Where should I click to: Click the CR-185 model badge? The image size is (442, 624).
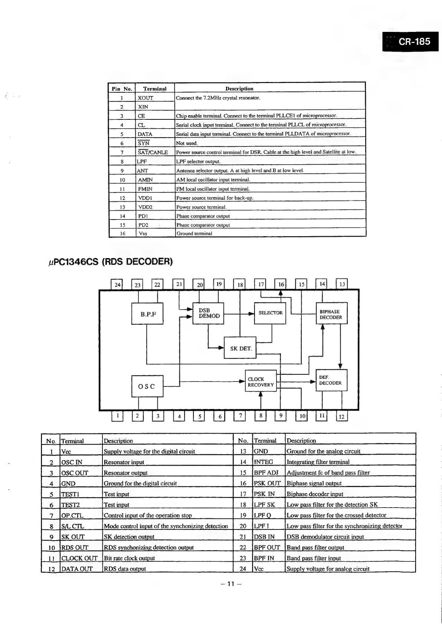pos(410,41)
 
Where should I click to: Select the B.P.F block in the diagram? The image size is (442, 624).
pos(147,314)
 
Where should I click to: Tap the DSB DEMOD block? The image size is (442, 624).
pos(208,313)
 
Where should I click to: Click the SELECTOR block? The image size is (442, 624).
pos(270,313)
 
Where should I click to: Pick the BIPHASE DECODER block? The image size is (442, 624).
pos(331,314)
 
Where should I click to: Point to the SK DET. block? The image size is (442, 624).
pos(240,348)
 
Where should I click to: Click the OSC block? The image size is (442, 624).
pos(147,386)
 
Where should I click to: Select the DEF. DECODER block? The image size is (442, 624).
pos(331,380)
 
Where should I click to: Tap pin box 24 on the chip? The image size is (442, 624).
pos(117,285)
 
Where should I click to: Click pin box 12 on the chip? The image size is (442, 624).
pos(342,416)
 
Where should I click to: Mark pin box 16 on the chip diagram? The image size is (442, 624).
pos(281,284)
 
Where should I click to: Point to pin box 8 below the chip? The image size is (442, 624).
pos(261,416)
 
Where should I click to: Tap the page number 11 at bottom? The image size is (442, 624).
pos(231,584)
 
